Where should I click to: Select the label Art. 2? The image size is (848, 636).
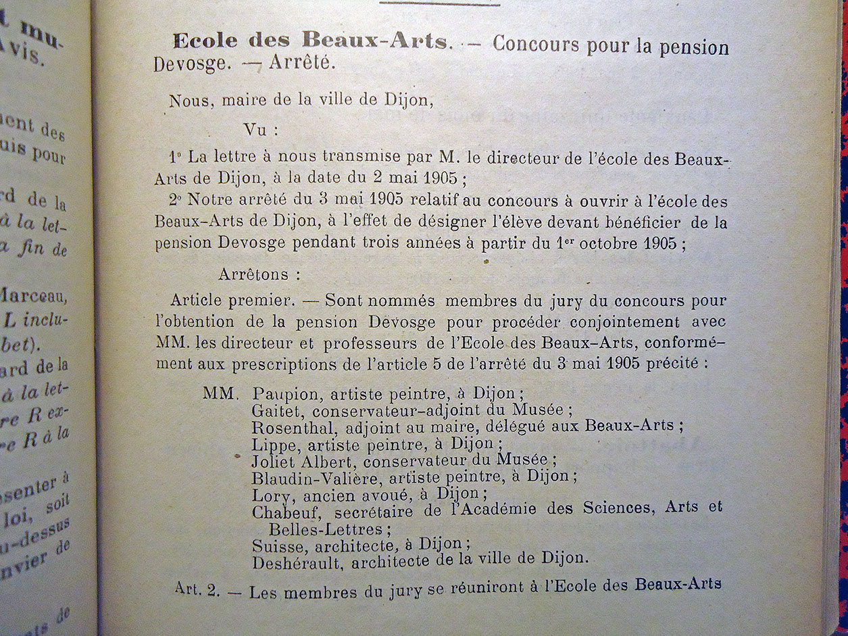197,589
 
